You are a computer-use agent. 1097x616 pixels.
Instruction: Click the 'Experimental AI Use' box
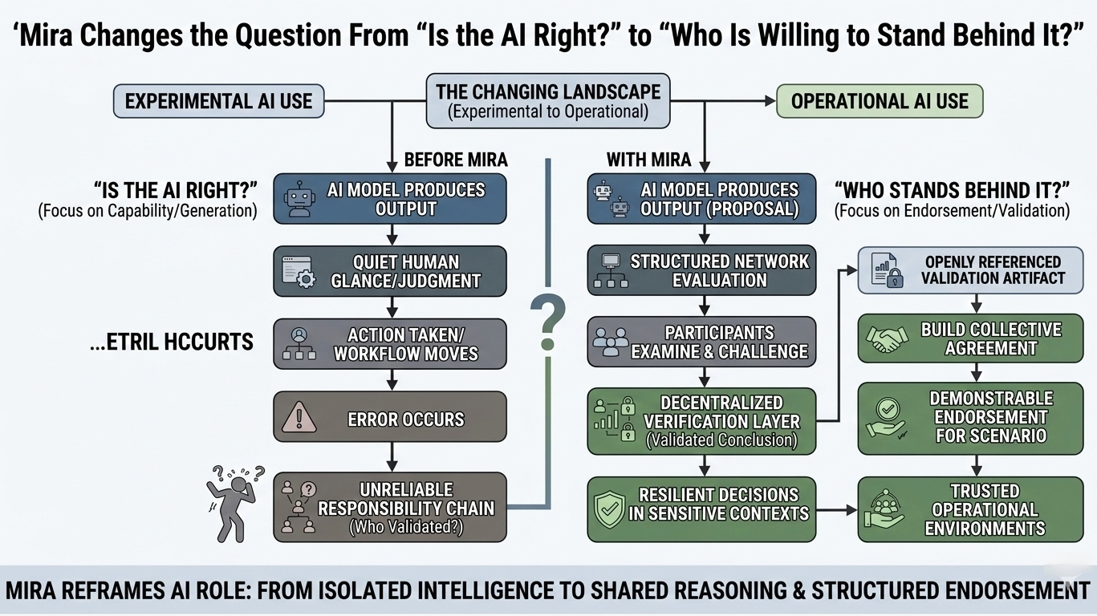coord(218,102)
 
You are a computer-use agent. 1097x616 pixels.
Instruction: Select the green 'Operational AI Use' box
coord(880,102)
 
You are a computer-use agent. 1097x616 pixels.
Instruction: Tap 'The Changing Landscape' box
coord(548,101)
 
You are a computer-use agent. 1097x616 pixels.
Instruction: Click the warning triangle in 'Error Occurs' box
coord(297,418)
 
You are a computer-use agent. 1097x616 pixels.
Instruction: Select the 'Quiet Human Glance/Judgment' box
coord(390,271)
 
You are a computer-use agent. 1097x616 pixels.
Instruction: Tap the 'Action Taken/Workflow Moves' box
coord(390,344)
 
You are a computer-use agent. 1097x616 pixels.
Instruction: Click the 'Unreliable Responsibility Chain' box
coord(390,508)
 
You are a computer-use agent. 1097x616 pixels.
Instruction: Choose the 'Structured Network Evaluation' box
coord(702,271)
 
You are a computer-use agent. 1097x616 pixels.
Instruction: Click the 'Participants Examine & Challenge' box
coord(702,342)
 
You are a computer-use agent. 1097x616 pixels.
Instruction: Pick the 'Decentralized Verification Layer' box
coord(702,420)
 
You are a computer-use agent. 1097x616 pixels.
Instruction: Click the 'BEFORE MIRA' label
coord(455,160)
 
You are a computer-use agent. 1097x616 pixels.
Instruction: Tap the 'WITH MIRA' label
coord(648,160)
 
